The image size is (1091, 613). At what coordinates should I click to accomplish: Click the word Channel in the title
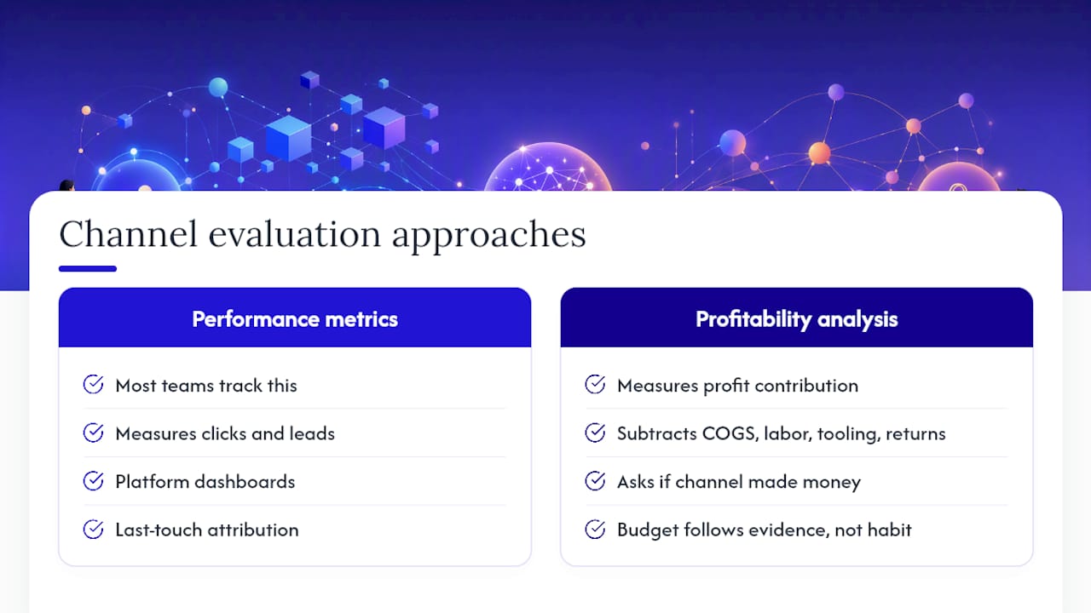[x=129, y=234]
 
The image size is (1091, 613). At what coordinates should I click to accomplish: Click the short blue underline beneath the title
[x=88, y=268]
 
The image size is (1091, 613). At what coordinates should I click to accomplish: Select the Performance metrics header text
[x=295, y=319]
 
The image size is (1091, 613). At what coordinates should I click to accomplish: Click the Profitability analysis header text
[x=796, y=319]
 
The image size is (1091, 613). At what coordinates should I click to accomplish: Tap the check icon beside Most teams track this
[x=93, y=384]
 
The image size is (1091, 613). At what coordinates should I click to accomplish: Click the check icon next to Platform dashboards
[x=93, y=481]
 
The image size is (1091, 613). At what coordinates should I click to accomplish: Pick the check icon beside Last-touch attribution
[x=93, y=530]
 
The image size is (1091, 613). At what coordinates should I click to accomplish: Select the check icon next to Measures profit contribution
[x=595, y=384]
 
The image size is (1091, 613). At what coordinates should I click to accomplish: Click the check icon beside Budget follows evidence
[x=595, y=530]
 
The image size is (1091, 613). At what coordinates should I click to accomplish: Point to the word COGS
[x=729, y=433]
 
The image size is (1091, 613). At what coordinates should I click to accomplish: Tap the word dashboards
[x=245, y=482]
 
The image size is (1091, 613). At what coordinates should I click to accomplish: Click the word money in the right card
[x=831, y=483]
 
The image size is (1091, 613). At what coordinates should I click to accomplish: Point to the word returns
[x=915, y=434]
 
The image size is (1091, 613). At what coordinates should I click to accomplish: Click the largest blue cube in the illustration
[x=289, y=139]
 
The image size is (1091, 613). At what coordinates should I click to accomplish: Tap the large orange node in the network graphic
[x=819, y=152]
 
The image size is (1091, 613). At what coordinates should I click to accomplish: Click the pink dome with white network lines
[x=548, y=168]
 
